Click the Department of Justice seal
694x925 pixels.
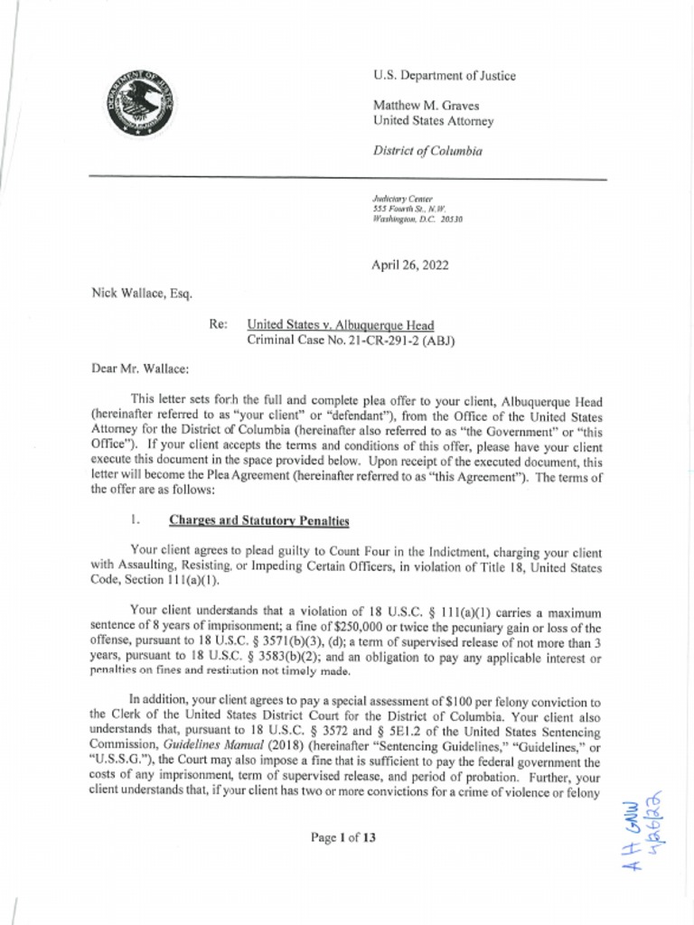[139, 103]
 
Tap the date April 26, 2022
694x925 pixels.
[409, 265]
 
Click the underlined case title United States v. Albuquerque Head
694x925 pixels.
[341, 325]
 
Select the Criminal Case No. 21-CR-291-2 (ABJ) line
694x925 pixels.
[351, 341]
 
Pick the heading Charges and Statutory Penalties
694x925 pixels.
[258, 520]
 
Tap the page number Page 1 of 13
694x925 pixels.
[342, 837]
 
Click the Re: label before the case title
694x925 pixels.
[218, 325]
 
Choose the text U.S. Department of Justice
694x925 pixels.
[444, 76]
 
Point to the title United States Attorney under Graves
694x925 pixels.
[433, 121]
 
